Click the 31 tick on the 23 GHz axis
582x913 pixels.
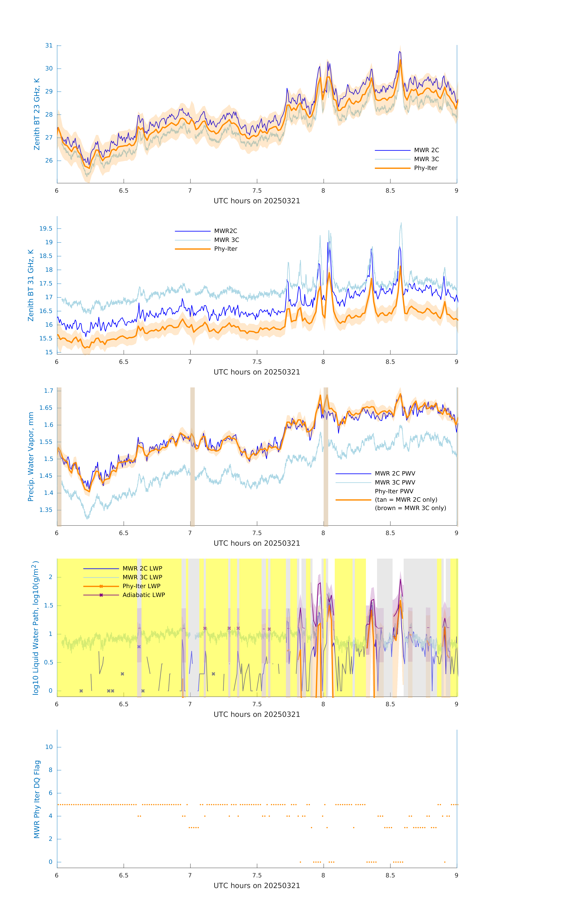click(49, 45)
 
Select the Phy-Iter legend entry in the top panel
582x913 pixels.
click(425, 168)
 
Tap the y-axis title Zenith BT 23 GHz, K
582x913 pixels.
click(37, 114)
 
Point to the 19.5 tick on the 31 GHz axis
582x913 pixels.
click(46, 229)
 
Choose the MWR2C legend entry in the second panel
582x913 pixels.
click(226, 231)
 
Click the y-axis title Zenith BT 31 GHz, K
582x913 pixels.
click(31, 285)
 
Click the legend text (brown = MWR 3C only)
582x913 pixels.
click(410, 508)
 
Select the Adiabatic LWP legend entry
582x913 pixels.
click(144, 595)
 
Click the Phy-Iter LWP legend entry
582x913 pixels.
click(141, 586)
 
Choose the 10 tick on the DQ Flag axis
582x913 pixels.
click(49, 747)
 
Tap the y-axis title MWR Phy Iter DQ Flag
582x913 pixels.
click(37, 799)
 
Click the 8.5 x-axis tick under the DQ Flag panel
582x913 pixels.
click(390, 875)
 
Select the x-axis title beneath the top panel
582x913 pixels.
click(257, 201)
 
